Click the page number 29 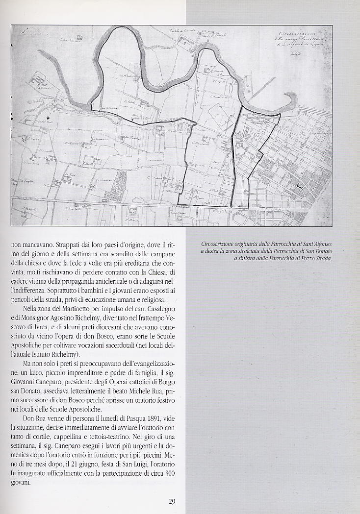172,501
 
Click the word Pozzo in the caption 300,258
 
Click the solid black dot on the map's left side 48,118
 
